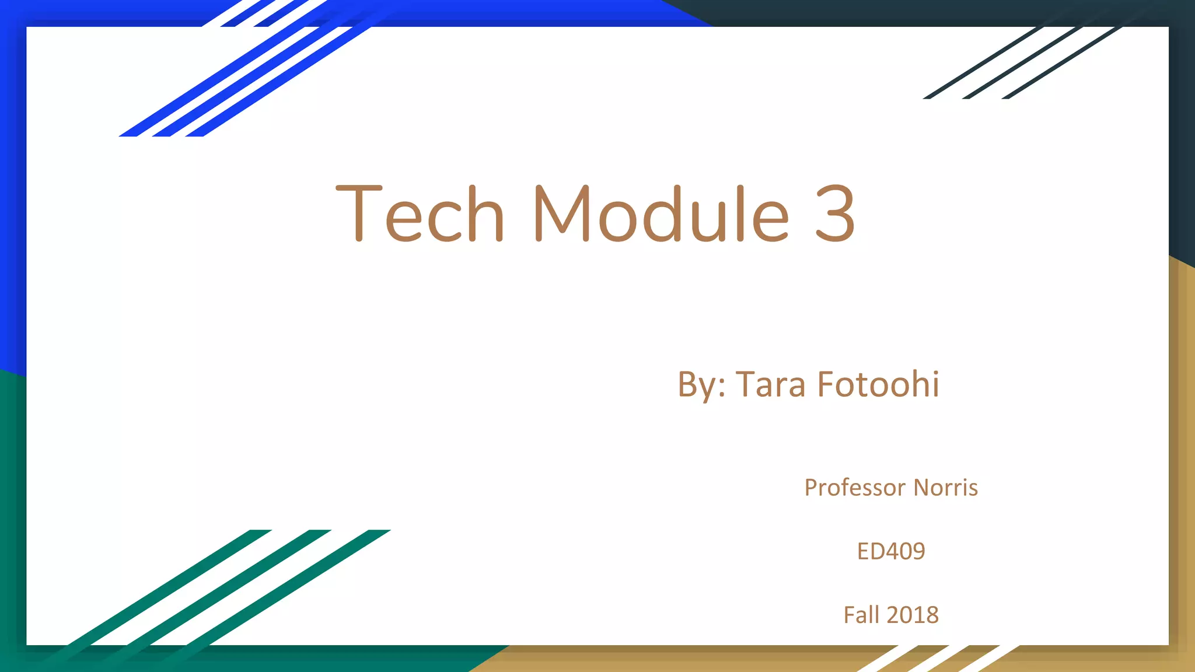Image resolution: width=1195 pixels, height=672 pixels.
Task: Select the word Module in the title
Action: [x=661, y=213]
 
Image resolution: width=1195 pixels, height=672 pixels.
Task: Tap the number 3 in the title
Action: [x=835, y=213]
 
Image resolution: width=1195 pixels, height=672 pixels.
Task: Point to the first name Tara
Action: [x=770, y=385]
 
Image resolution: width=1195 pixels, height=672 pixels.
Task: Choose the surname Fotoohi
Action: [x=878, y=385]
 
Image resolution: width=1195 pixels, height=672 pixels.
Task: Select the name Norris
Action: [x=945, y=488]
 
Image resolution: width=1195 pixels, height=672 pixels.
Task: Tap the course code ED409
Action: [x=891, y=551]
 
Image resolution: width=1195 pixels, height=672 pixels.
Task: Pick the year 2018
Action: [x=913, y=615]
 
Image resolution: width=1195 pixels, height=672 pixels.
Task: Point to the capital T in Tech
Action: [x=359, y=213]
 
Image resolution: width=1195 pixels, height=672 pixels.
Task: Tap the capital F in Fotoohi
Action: [x=827, y=385]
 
